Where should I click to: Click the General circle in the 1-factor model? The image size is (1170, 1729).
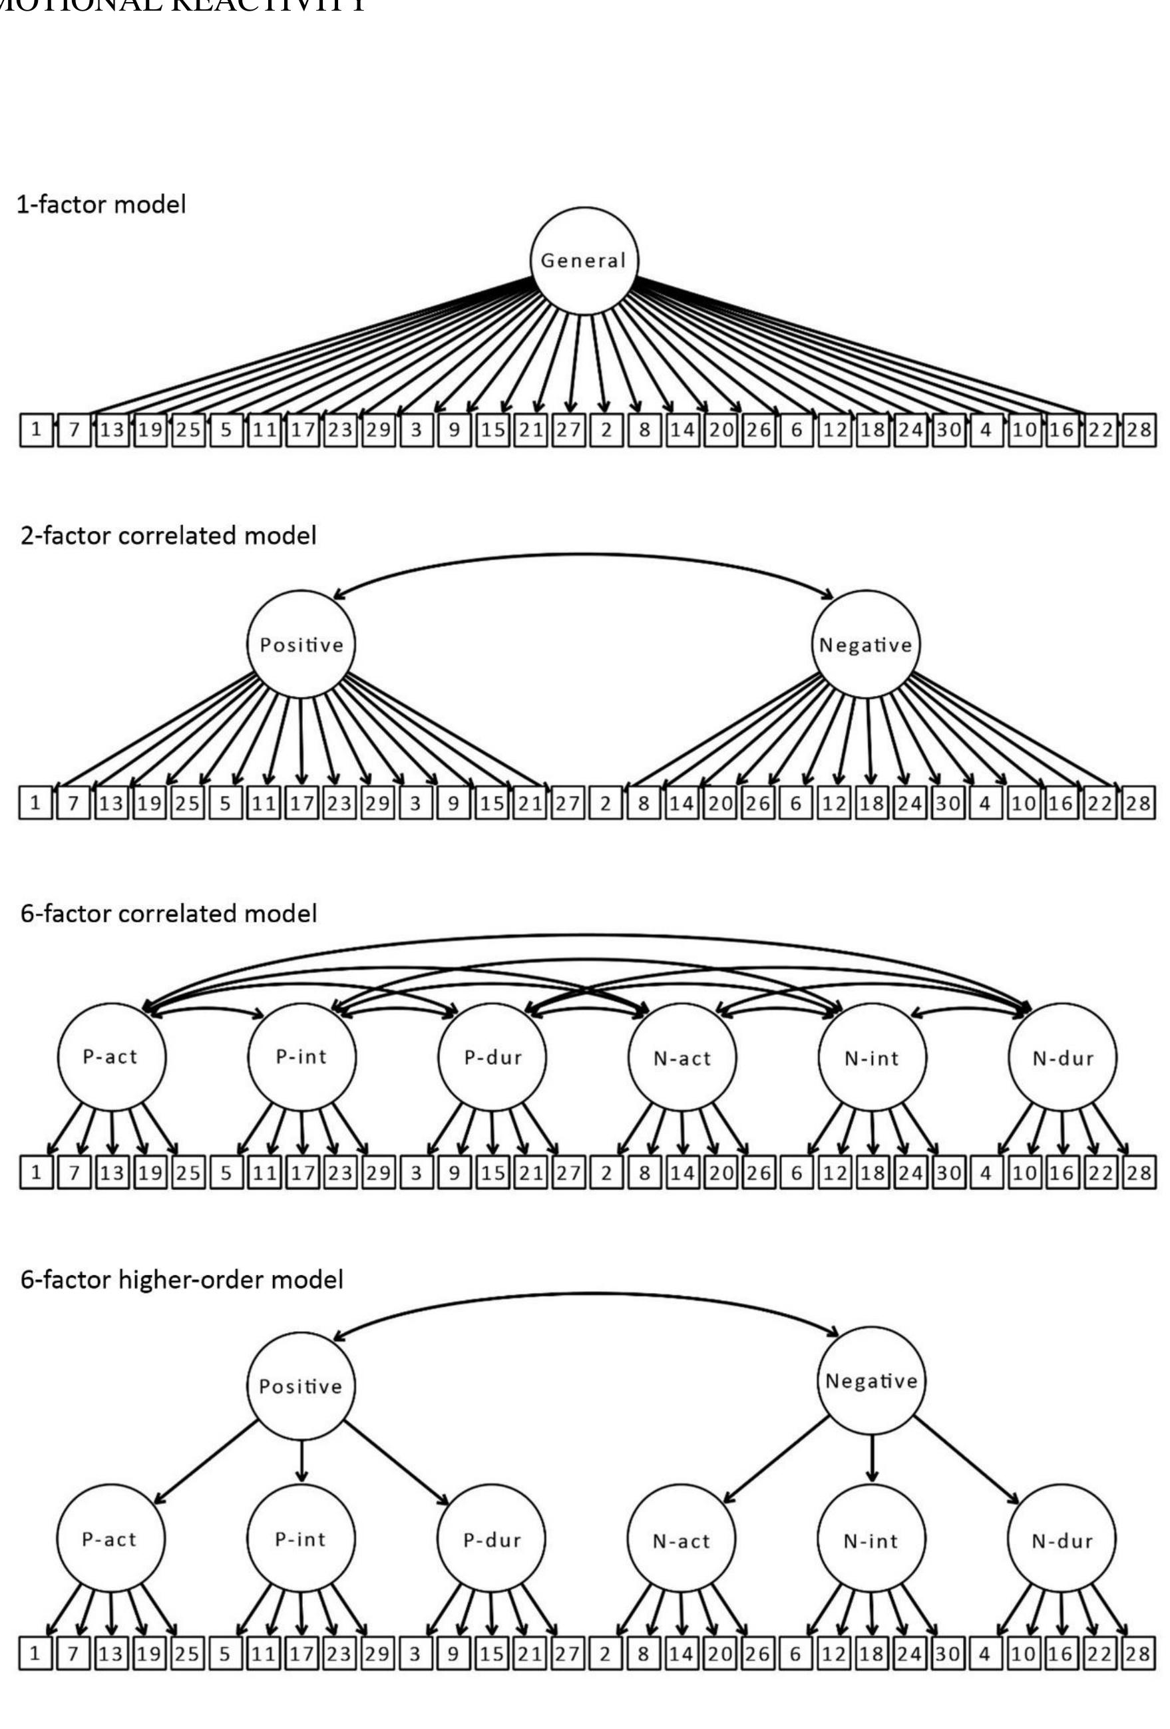point(584,260)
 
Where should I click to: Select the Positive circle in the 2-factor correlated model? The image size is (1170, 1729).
point(301,644)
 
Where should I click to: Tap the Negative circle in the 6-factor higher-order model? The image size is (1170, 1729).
point(872,1381)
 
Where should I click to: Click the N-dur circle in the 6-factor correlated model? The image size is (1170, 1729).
point(1062,1057)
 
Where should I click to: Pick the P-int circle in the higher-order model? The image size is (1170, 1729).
point(301,1539)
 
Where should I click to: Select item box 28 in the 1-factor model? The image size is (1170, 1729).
point(1138,430)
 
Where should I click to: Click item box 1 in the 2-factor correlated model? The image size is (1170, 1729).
point(35,803)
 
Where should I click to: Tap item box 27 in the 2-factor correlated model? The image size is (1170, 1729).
point(568,803)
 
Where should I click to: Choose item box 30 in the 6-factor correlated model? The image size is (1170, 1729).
point(948,1173)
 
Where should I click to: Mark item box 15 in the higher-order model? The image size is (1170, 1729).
point(492,1654)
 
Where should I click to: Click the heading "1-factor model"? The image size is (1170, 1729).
point(101,204)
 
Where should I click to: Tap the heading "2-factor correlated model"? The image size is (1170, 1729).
point(168,535)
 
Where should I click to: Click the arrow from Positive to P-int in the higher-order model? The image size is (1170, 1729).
point(301,1462)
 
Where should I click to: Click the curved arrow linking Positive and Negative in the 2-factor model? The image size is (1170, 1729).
point(584,554)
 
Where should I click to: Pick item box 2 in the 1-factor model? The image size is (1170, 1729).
point(606,430)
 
